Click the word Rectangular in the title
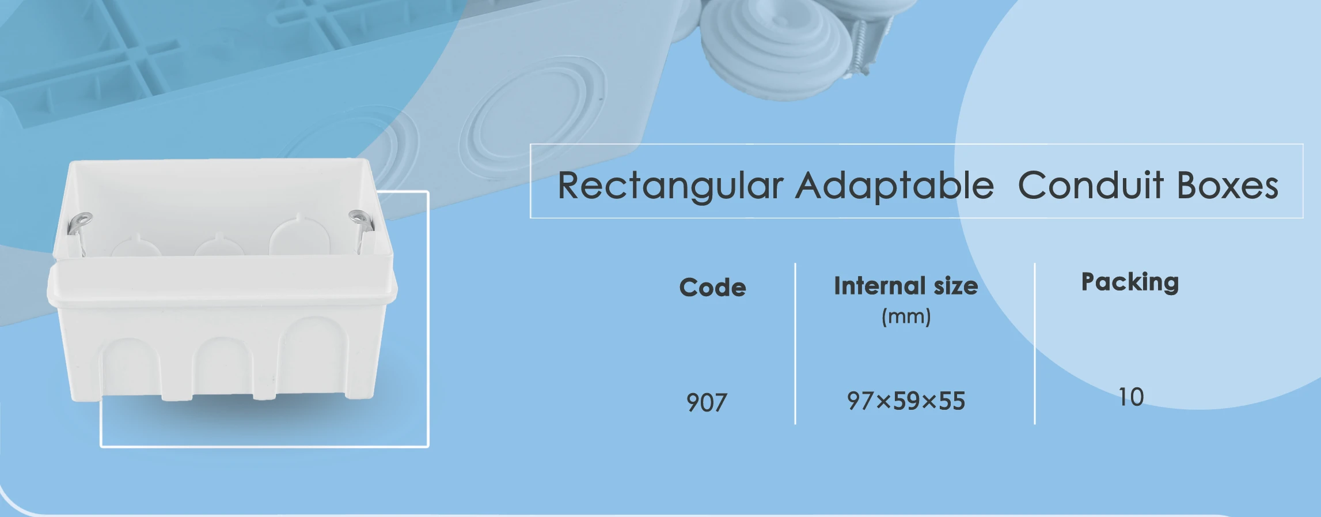(x=671, y=186)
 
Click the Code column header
(x=712, y=287)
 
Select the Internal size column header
(x=906, y=285)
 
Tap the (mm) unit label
(x=906, y=316)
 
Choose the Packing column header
(x=1130, y=282)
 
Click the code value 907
(x=707, y=402)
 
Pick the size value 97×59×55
(x=906, y=401)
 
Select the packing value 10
(x=1131, y=397)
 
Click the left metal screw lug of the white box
(x=78, y=231)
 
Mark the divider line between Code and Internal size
(x=795, y=344)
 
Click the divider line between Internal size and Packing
(x=1035, y=344)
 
